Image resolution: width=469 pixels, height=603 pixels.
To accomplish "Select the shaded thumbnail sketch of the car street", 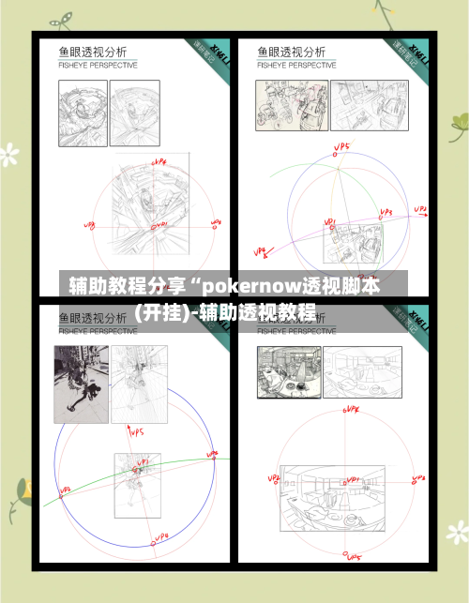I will point(280,105).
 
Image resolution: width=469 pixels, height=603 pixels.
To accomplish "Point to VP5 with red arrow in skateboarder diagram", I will point(135,432).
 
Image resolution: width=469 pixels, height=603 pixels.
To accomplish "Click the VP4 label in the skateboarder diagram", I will point(159,536).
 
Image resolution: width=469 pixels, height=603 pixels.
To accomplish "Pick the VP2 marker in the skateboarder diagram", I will point(65,490).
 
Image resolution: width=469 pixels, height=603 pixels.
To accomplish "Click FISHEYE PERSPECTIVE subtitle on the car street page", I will point(295,66).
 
